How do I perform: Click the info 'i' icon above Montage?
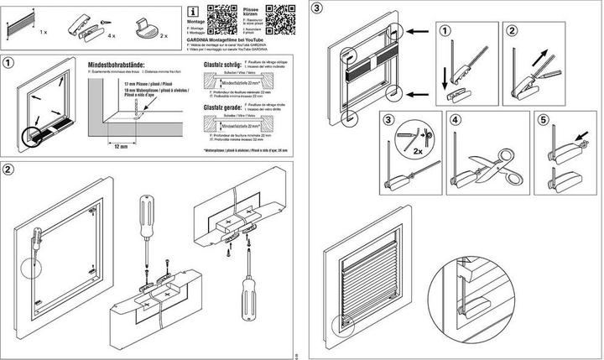coord(193,12)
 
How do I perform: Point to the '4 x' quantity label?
coord(109,37)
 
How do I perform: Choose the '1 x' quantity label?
coord(44,29)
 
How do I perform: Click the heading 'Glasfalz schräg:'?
coord(220,64)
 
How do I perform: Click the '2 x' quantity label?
coord(164,37)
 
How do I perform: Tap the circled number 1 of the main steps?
coord(8,63)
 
